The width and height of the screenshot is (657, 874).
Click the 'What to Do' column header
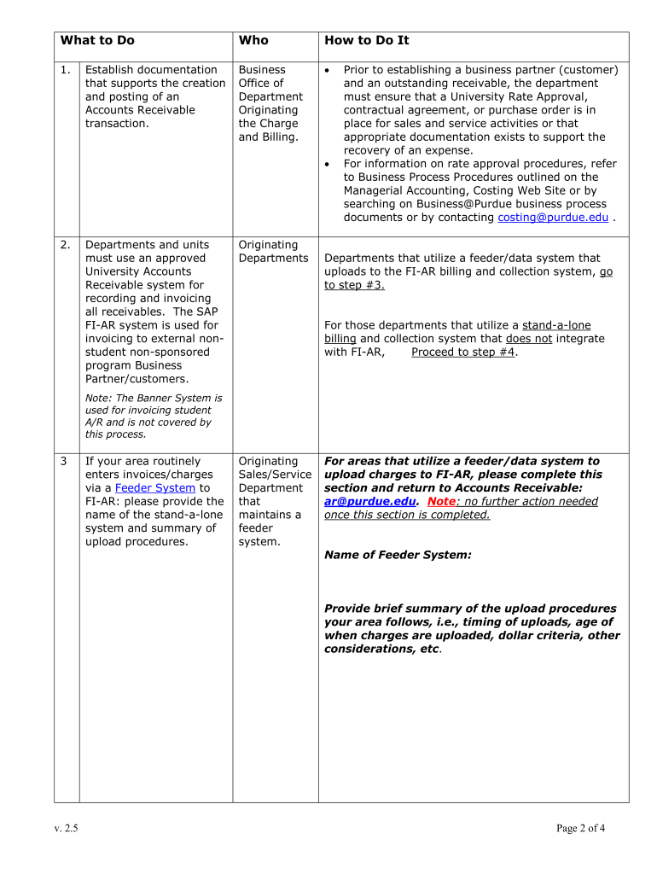[97, 40]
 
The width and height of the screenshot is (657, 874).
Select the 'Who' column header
[253, 40]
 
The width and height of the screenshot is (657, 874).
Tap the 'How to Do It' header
[367, 40]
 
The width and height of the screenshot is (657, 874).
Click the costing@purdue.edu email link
[553, 218]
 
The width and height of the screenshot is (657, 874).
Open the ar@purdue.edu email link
[369, 502]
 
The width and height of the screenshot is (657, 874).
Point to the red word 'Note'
[442, 502]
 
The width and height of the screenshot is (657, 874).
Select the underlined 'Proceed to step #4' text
[463, 353]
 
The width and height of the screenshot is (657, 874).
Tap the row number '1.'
[66, 70]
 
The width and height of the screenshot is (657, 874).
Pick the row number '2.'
[66, 245]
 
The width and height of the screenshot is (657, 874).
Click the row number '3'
[64, 461]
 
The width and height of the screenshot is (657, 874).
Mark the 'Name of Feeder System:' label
[398, 555]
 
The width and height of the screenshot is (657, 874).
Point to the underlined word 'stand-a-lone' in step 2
[556, 325]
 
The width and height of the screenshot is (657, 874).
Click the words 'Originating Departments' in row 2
[273, 252]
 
